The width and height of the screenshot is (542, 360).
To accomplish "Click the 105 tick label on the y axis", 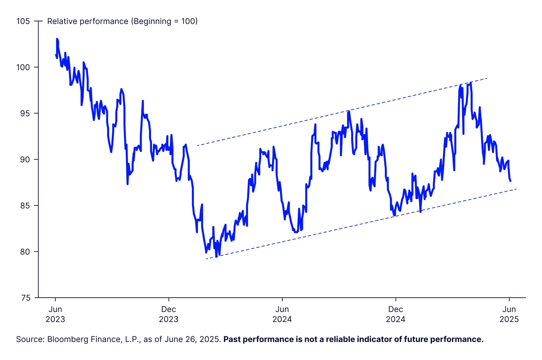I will [23, 21].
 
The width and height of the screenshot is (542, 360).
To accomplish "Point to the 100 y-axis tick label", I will [23, 67].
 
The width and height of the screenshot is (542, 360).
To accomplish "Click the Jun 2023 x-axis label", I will [55, 314].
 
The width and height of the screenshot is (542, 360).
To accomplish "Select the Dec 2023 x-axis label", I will [169, 314].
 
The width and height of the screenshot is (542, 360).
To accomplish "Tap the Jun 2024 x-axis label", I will [282, 314].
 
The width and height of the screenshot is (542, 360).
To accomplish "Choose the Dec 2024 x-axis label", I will [396, 314].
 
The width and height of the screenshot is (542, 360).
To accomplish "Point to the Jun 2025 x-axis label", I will [509, 314].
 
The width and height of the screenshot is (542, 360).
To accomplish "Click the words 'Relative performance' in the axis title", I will [88, 21].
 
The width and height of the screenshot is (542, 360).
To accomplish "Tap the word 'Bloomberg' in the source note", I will [65, 339].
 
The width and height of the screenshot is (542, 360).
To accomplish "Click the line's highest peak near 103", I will [57, 39].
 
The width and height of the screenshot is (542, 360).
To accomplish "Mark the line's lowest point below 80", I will [216, 257].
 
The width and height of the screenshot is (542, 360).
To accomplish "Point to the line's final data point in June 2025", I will [510, 181].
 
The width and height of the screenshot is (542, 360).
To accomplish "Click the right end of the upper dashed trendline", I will [487, 78].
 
